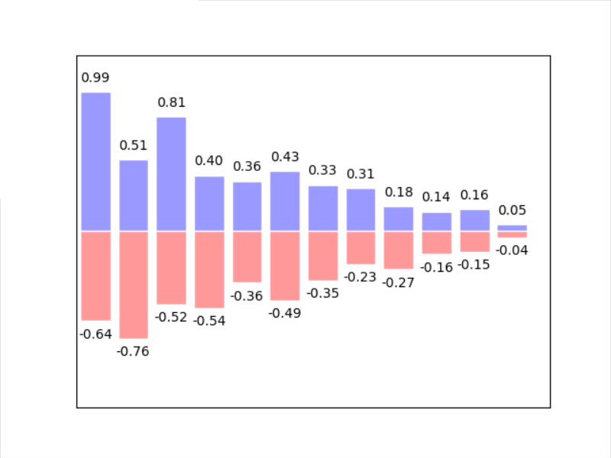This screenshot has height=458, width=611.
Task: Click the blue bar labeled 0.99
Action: pyautogui.click(x=95, y=161)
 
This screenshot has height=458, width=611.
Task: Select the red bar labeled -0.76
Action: pyautogui.click(x=134, y=284)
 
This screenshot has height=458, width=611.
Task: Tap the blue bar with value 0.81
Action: pyautogui.click(x=171, y=173)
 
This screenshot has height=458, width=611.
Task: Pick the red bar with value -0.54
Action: pyautogui.click(x=209, y=269)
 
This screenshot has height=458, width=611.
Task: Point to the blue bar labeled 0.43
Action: pyautogui.click(x=285, y=201)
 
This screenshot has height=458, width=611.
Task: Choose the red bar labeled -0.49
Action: pyautogui.click(x=285, y=265)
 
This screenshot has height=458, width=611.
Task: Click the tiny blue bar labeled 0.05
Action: pyautogui.click(x=512, y=227)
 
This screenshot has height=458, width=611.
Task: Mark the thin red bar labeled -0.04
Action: pyautogui.click(x=512, y=234)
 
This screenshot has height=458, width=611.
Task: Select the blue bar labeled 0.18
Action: pyautogui.click(x=399, y=218)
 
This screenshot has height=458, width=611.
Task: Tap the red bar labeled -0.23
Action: pyautogui.click(x=360, y=247)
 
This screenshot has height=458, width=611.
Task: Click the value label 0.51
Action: pyautogui.click(x=134, y=145)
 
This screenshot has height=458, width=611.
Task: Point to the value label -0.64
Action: pyautogui.click(x=95, y=334)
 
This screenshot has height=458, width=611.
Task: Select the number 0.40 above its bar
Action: pyautogui.click(x=209, y=161)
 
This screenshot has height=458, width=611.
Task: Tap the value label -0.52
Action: pyautogui.click(x=171, y=317)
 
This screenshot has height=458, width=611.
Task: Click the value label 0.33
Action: pyautogui.click(x=323, y=170)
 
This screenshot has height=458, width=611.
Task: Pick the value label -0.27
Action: pyautogui.click(x=399, y=282)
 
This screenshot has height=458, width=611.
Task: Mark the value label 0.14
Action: pyautogui.click(x=437, y=197)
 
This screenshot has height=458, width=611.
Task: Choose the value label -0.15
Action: pyautogui.click(x=474, y=265)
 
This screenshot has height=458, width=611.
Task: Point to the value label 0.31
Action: pyautogui.click(x=360, y=174)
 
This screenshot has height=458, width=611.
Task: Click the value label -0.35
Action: pyautogui.click(x=323, y=293)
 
